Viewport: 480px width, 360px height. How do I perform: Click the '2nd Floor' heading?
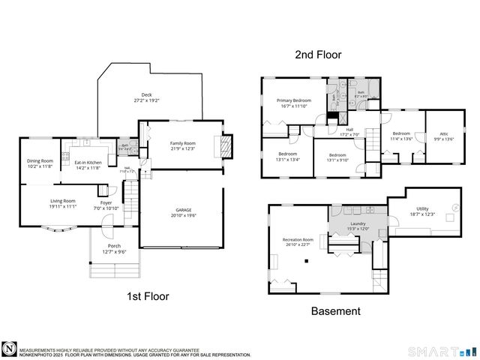tap(318, 55)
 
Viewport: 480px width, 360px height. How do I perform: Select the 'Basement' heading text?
tap(336, 310)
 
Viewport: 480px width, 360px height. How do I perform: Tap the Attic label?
tap(440, 135)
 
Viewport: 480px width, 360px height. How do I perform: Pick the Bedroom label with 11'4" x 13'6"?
tap(401, 135)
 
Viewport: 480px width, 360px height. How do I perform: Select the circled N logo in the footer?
tap(9, 349)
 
